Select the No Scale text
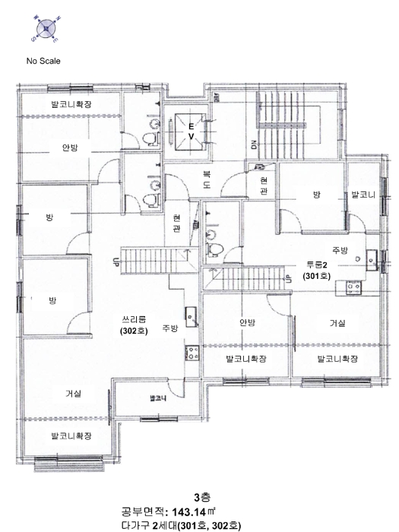[x=43, y=61]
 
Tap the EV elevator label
[x=192, y=131]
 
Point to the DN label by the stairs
[x=254, y=145]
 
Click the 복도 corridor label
[x=207, y=179]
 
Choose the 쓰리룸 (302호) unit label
[x=134, y=325]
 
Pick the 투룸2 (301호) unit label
[x=317, y=271]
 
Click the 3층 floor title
[x=202, y=497]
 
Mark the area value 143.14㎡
[x=194, y=511]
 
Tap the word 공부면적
[x=143, y=511]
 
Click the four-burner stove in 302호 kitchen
[x=192, y=353]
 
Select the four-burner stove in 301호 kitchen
[x=353, y=288]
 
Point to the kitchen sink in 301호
[x=372, y=260]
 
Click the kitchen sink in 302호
[x=192, y=317]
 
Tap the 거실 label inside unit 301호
[x=337, y=323]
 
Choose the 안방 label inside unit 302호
[x=70, y=147]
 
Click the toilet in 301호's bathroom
[x=214, y=249]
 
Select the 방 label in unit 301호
[x=317, y=195]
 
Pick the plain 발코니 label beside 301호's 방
[x=363, y=195]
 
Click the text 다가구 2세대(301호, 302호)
[x=181, y=526]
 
